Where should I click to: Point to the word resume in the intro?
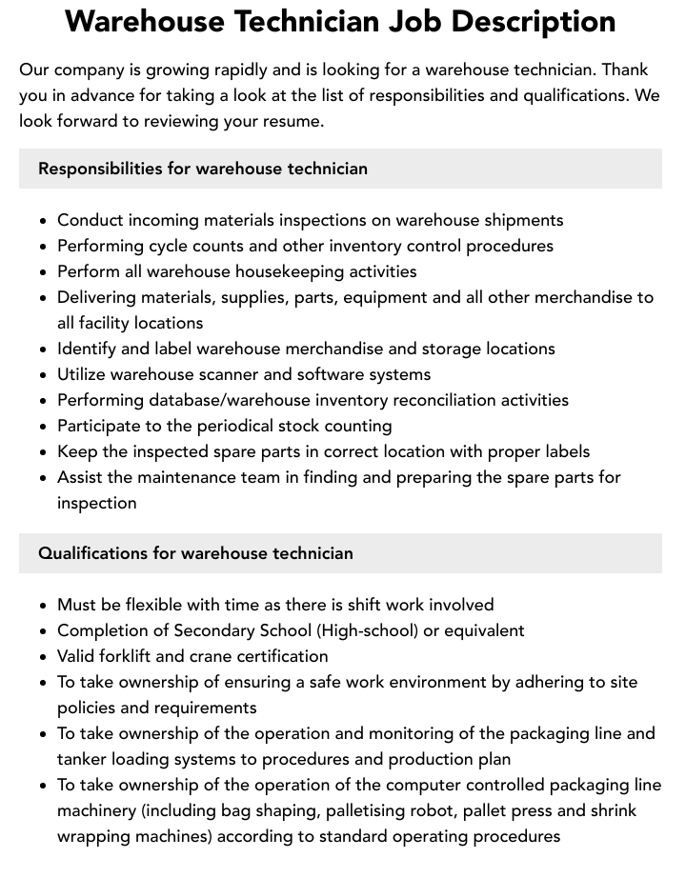tap(292, 121)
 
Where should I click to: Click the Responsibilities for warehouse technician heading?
tap(202, 169)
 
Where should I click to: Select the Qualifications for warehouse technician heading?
tap(195, 553)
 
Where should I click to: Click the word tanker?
tap(84, 759)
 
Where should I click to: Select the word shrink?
tap(611, 810)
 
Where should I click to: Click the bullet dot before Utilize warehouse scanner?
tap(44, 375)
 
